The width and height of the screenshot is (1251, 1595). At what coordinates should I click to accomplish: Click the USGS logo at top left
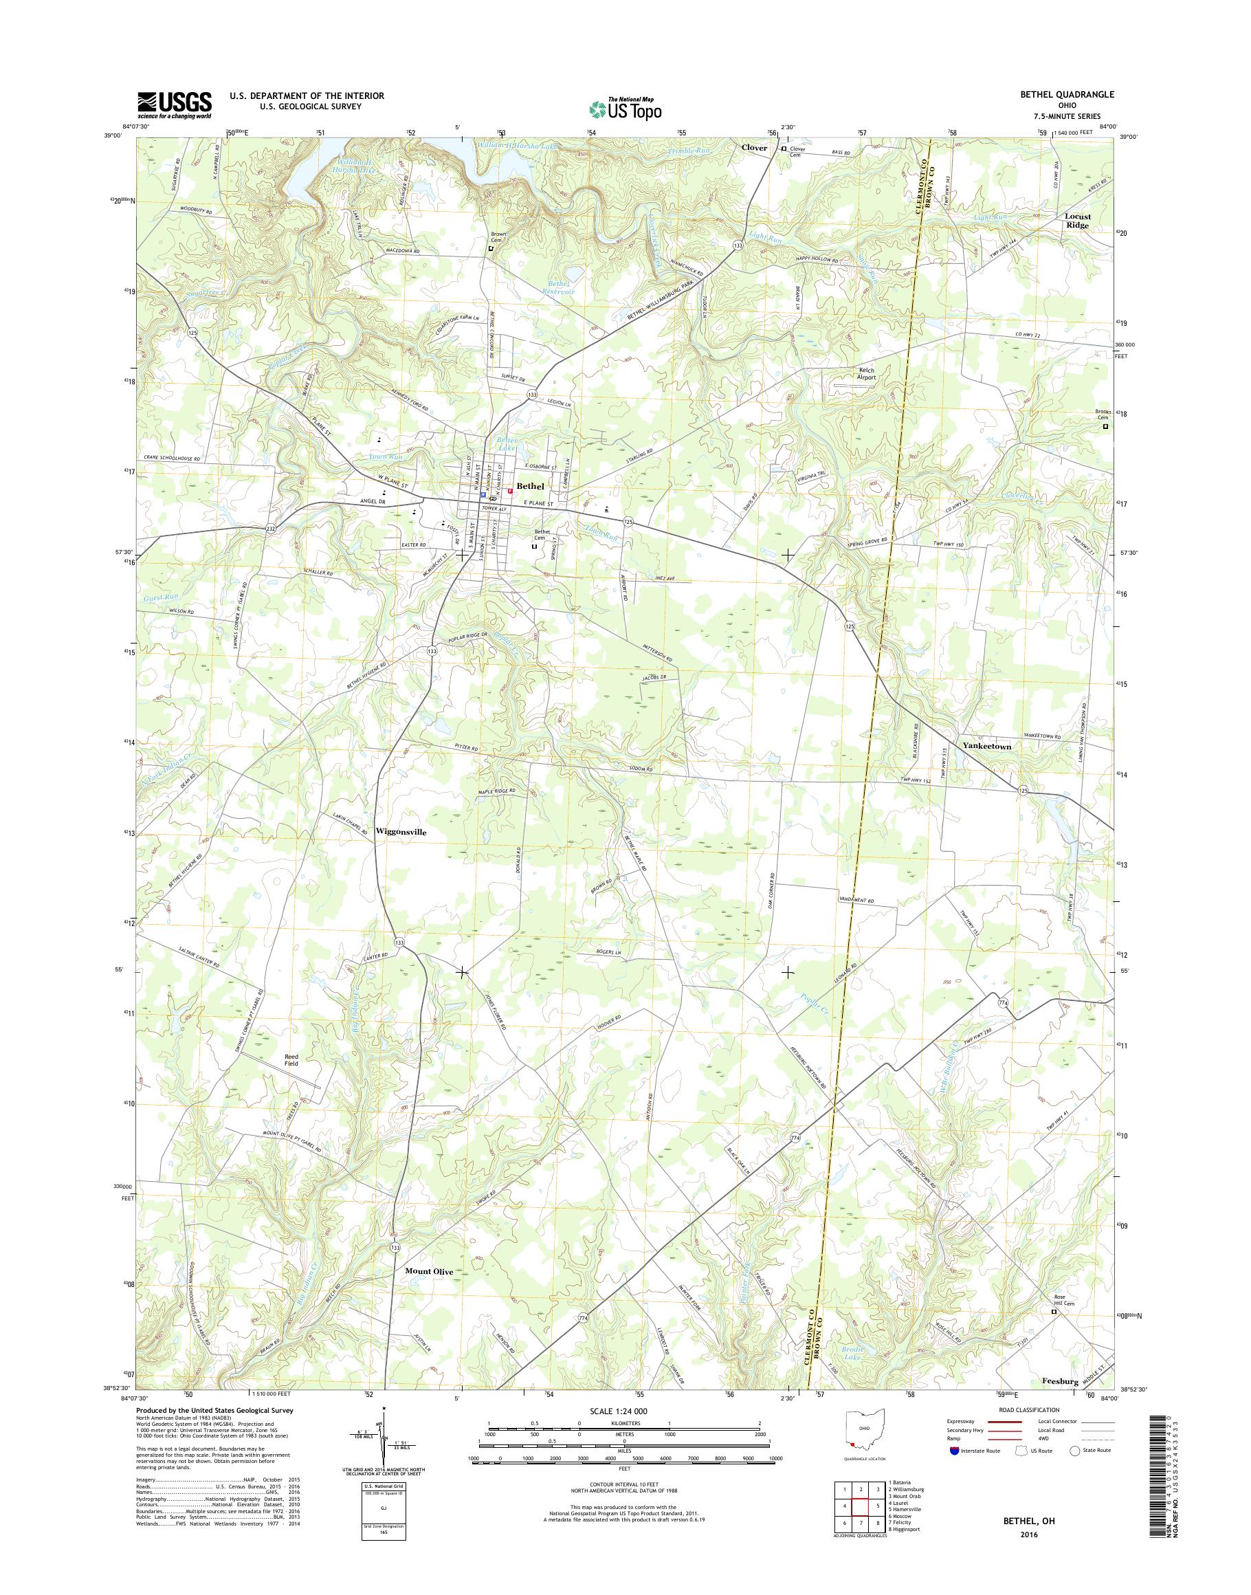point(175,104)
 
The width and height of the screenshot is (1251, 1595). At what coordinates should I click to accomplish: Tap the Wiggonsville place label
point(400,832)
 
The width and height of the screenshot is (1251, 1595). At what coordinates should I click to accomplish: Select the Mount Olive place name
point(429,1271)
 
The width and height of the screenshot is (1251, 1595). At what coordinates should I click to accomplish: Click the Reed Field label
point(291,1059)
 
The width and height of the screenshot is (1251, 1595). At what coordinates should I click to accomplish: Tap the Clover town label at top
point(753,147)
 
